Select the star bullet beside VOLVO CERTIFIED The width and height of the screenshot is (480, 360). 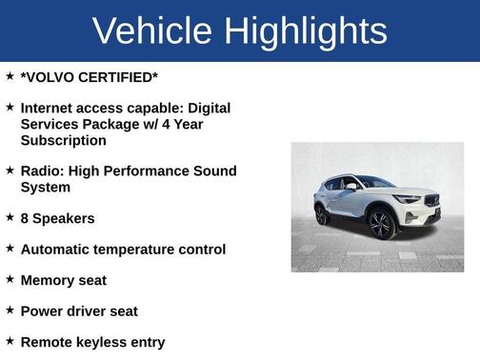coord(10,76)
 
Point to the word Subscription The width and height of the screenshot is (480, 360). coord(63,140)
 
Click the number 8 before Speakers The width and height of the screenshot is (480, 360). coord(25,218)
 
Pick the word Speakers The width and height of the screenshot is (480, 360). coord(65,218)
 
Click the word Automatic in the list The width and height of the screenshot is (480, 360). coord(58,250)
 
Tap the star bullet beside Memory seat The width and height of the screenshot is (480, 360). coord(10,279)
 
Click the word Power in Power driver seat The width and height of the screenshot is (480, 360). coord(42,310)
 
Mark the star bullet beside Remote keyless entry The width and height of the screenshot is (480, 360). coord(10,341)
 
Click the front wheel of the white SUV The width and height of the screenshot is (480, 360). coord(382,223)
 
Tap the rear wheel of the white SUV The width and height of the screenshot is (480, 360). coord(322,215)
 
